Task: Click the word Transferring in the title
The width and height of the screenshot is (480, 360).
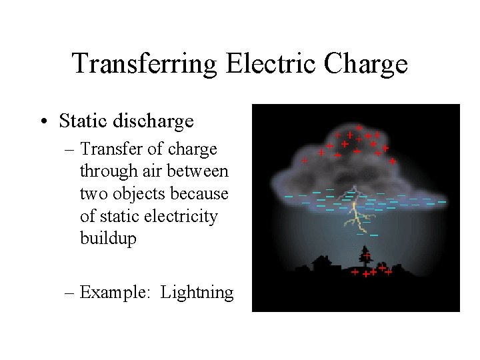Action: coord(145,64)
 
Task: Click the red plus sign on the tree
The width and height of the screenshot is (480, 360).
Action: coord(367,255)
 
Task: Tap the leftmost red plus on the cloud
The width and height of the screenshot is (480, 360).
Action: coord(305,160)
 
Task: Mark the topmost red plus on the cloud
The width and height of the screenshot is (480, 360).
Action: coord(359,127)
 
